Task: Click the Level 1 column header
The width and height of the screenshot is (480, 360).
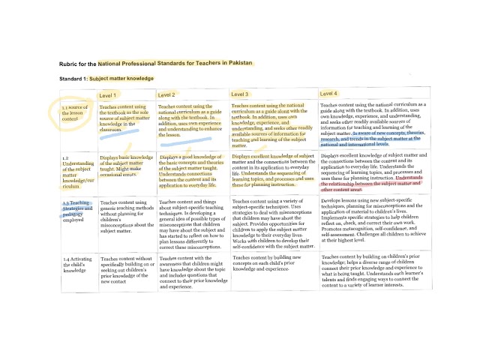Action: pyautogui.click(x=109, y=96)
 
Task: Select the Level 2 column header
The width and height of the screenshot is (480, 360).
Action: pyautogui.click(x=166, y=95)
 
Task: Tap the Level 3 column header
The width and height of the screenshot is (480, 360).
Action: pyautogui.click(x=240, y=94)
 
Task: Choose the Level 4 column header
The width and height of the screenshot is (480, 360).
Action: pyautogui.click(x=329, y=94)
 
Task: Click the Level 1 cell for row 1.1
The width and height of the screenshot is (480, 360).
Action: pyautogui.click(x=124, y=118)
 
